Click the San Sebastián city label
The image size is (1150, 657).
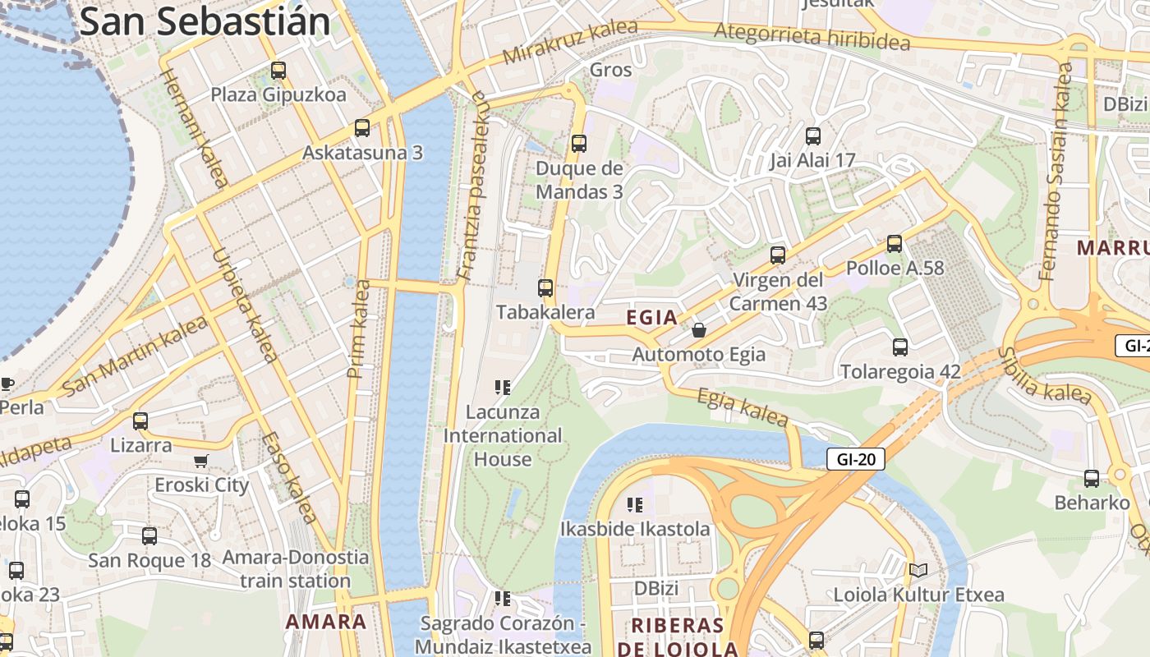point(205,21)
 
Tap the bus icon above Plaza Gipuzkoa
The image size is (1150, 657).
point(278,71)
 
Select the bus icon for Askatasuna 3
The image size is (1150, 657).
point(361,128)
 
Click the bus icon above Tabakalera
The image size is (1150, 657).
point(545,288)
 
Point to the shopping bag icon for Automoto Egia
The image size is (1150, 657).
point(698,330)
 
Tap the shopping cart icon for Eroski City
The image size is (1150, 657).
point(201,461)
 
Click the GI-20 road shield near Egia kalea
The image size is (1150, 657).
point(855,459)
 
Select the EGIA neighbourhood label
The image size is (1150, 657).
point(652,317)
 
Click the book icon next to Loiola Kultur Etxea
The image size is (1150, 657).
point(918,570)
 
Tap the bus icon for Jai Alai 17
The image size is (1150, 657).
point(813,136)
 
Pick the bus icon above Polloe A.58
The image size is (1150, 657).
point(895,244)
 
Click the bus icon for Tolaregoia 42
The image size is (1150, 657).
point(900,347)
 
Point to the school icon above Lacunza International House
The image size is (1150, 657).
point(503,387)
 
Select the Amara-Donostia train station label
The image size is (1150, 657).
point(297,568)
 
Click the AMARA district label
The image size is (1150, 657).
point(326,622)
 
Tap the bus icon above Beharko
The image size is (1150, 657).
point(1092,479)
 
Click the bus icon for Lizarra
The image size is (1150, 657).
point(140,421)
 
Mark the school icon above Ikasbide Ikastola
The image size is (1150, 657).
point(634,504)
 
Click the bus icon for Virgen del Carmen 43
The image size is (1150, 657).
point(778,255)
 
